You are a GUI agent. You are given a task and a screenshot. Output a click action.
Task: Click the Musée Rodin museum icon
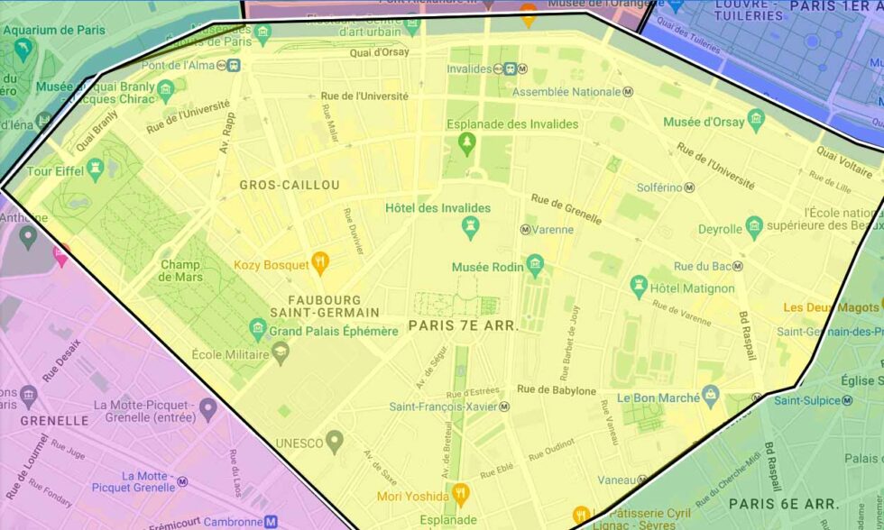[x=536, y=265]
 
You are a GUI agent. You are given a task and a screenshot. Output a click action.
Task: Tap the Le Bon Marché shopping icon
[x=711, y=394]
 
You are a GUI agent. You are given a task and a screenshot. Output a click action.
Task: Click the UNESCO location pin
[x=335, y=442]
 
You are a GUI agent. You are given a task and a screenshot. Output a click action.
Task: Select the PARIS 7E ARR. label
[x=464, y=326]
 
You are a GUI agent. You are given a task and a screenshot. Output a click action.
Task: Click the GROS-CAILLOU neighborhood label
[x=290, y=185]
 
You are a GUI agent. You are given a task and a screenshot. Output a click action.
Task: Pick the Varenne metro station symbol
[x=525, y=230]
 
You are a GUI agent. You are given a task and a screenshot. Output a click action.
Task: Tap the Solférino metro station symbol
[x=690, y=187]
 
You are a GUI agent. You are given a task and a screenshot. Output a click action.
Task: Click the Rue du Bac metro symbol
[x=738, y=266]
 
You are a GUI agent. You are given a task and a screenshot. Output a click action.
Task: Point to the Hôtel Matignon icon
[x=639, y=287]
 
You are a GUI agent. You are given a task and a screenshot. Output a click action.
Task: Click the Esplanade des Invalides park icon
[x=466, y=142]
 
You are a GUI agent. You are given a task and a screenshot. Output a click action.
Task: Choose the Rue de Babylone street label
[x=557, y=390]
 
